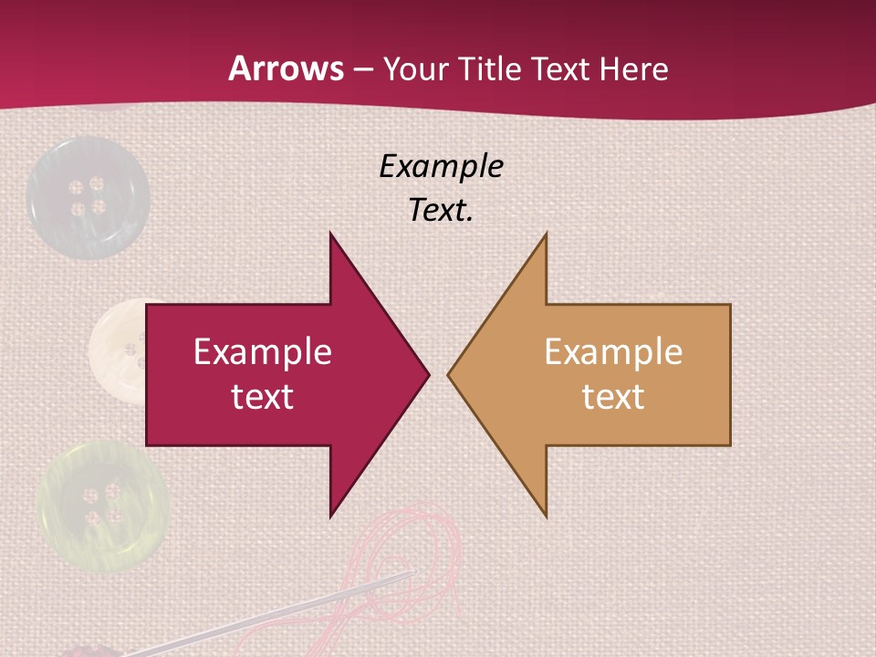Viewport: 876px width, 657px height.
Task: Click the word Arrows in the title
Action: click(x=286, y=68)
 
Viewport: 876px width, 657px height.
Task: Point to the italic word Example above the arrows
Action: click(x=441, y=166)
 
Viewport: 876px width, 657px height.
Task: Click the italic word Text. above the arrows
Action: click(x=441, y=210)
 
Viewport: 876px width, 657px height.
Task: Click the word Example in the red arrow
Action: click(x=263, y=351)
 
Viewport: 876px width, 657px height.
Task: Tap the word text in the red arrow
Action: click(x=263, y=396)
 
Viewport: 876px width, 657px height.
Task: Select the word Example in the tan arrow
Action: click(x=613, y=351)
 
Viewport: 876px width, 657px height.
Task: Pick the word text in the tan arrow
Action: click(x=613, y=396)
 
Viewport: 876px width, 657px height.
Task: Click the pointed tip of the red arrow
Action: click(x=427, y=374)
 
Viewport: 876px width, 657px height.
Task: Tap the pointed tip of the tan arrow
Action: click(x=450, y=374)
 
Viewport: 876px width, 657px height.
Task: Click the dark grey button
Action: click(x=87, y=196)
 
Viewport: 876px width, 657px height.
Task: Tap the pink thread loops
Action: click(x=420, y=557)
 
